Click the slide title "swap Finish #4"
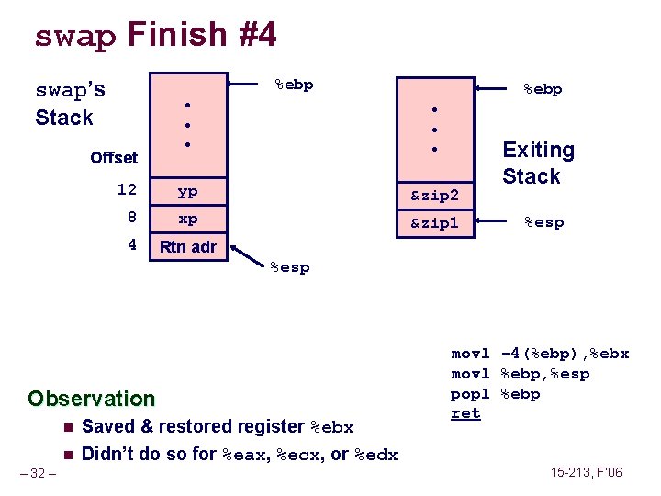tap(155, 35)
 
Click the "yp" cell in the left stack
tap(187, 192)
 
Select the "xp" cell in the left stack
tap(187, 220)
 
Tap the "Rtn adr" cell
tap(187, 246)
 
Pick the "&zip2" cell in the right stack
tap(434, 195)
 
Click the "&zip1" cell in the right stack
tap(434, 222)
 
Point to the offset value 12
tap(127, 190)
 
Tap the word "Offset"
tap(114, 158)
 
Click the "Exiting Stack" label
tap(538, 163)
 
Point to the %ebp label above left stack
tap(294, 85)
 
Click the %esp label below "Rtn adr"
tap(289, 267)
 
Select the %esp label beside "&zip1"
tap(543, 222)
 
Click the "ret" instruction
tap(465, 414)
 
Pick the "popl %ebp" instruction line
tap(496, 394)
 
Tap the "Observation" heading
tap(91, 399)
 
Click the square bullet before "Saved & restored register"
tap(67, 427)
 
